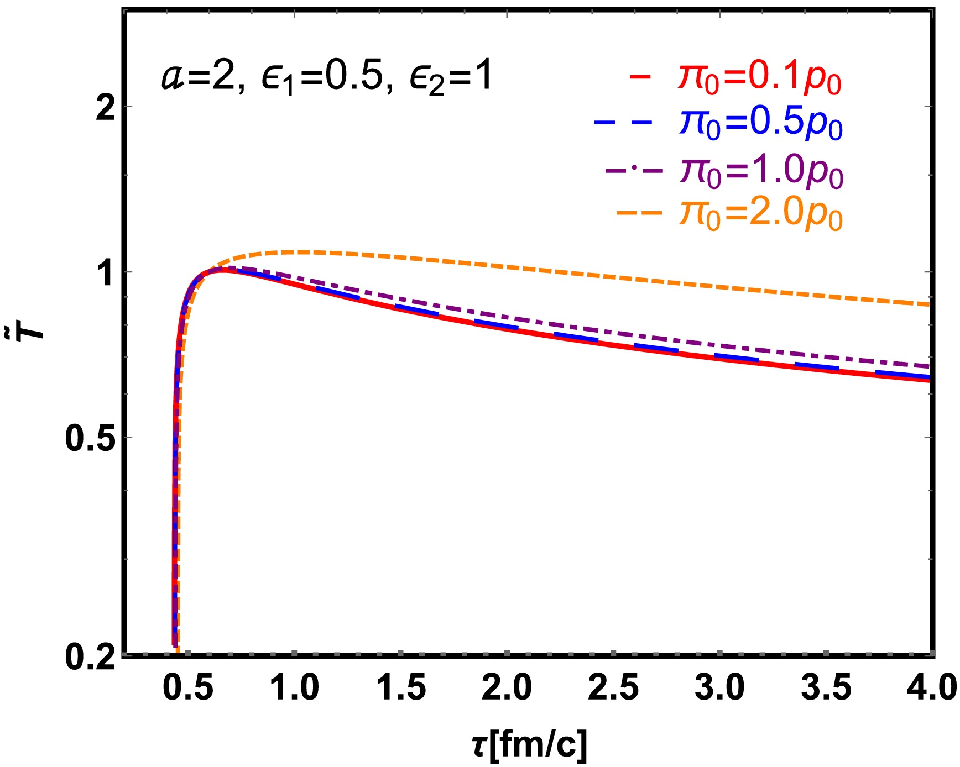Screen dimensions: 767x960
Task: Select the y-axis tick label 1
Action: click(107, 272)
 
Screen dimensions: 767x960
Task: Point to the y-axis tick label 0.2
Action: click(91, 658)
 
